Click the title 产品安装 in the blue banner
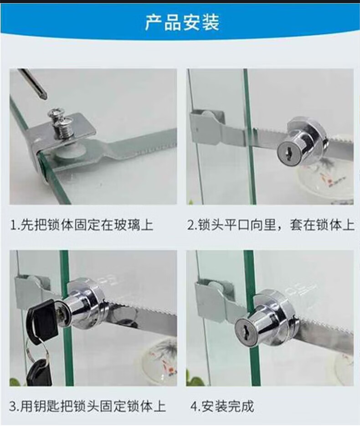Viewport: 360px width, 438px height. pos(182,23)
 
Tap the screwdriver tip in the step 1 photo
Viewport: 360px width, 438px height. pos(44,96)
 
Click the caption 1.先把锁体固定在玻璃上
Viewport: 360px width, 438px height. pos(82,225)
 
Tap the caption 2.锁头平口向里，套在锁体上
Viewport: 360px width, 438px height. pos(270,225)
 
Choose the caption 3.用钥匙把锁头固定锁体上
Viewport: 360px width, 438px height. pos(87,406)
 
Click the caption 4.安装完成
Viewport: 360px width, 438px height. pos(222,406)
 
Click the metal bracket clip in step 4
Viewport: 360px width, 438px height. pos(215,297)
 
